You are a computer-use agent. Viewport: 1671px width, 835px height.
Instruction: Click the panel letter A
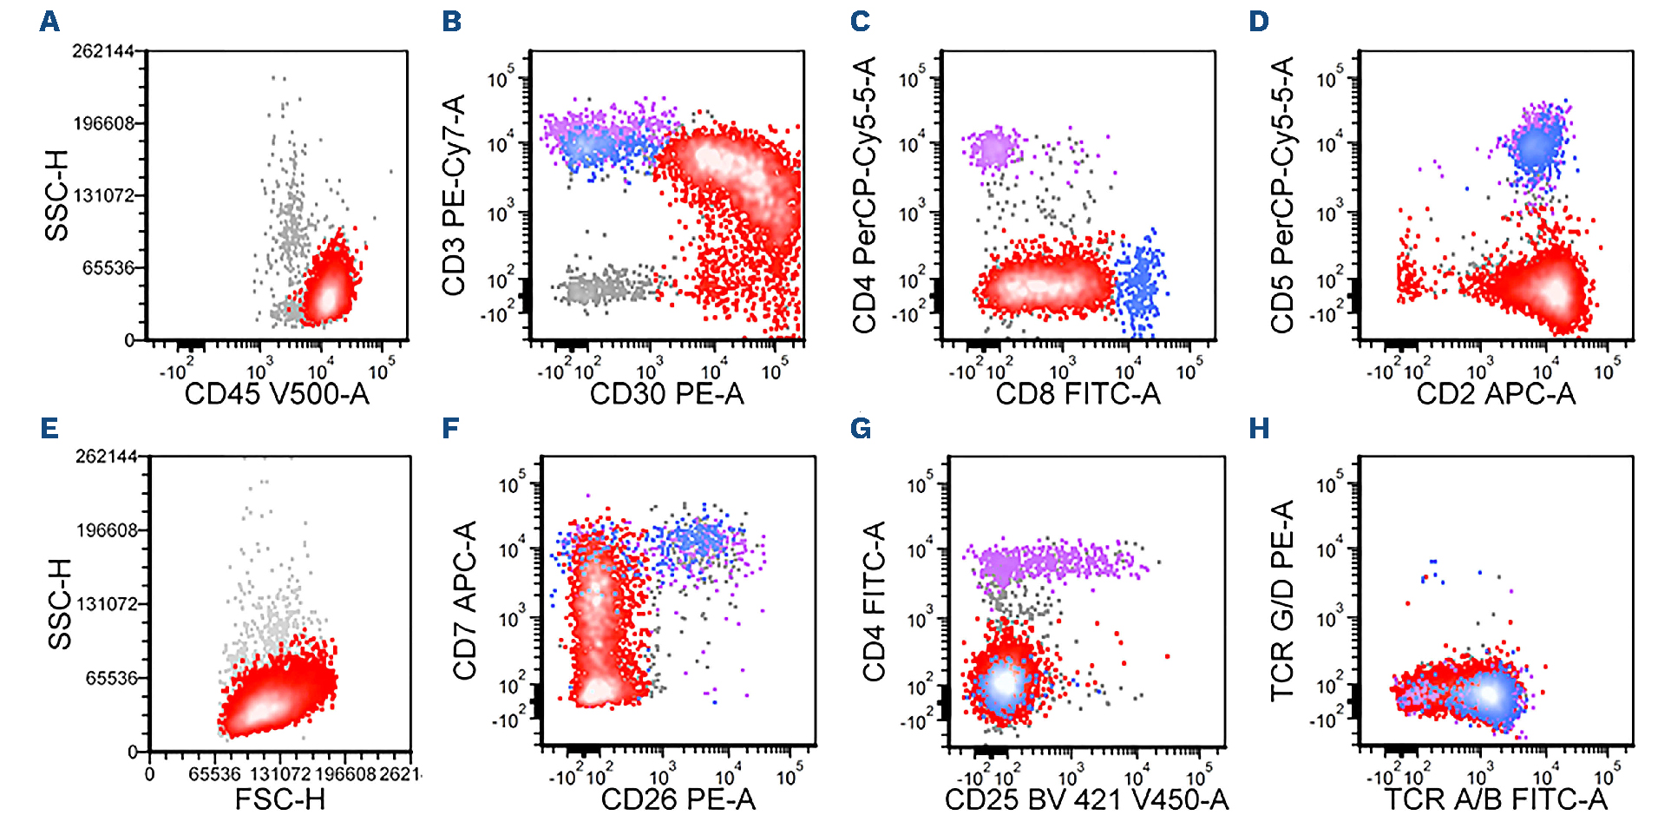click(x=49, y=22)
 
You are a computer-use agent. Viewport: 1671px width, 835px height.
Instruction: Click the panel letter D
click(x=1259, y=22)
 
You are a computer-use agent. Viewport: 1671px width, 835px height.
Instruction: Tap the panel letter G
click(x=860, y=428)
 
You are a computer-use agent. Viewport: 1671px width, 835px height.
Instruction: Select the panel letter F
click(x=450, y=428)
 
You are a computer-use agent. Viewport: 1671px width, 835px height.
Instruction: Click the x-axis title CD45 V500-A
click(x=277, y=394)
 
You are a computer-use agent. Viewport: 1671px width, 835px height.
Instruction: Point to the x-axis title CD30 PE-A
click(x=666, y=394)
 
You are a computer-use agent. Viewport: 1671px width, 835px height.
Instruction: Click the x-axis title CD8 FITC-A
click(x=1078, y=394)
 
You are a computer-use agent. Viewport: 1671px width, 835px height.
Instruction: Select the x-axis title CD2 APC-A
click(x=1496, y=394)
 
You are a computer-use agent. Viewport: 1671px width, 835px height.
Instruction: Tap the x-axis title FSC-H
click(x=279, y=799)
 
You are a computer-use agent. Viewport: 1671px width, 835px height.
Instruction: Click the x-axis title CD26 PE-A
click(x=678, y=799)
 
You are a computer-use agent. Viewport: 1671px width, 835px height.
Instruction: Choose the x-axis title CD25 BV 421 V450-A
click(x=1086, y=799)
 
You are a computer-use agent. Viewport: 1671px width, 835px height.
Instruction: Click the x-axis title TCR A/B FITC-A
click(x=1496, y=799)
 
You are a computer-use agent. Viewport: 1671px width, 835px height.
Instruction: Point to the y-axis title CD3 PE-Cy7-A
click(x=454, y=195)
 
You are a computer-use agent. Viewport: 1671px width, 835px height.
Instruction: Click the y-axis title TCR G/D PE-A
click(x=1281, y=601)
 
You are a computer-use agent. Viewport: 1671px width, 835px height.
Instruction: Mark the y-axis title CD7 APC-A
click(x=465, y=601)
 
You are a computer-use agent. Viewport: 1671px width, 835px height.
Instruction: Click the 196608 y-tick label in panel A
click(x=104, y=123)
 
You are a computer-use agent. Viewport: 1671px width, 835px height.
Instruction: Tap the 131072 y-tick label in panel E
click(x=108, y=604)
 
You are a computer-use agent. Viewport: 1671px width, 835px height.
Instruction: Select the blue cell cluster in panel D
click(x=1536, y=146)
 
